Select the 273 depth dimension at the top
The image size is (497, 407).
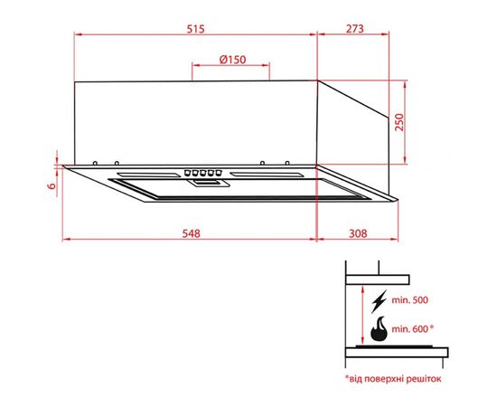[354, 29]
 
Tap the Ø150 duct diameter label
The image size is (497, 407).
[232, 60]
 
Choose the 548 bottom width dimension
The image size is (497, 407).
[190, 233]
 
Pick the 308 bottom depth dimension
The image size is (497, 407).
[359, 233]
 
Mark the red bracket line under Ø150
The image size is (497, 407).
[232, 68]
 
